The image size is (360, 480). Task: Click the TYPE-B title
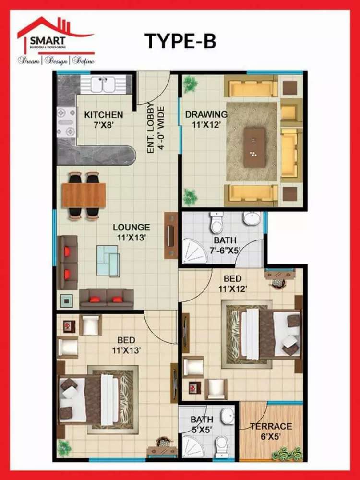tap(180, 41)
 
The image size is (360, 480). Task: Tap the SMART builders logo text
tap(48, 40)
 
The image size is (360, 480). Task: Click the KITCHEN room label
tap(104, 115)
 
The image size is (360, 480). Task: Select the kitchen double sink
tap(103, 84)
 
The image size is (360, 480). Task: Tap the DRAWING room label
tap(206, 115)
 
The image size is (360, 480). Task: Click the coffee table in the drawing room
tap(254, 147)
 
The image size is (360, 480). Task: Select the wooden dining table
tap(84, 195)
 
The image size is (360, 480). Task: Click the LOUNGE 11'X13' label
tap(132, 232)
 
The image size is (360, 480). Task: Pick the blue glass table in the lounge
tap(108, 261)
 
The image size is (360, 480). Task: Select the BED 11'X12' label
tap(233, 284)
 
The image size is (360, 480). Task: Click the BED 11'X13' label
tap(126, 345)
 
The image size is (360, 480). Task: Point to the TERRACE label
tap(271, 426)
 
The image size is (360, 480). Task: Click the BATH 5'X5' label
tap(202, 424)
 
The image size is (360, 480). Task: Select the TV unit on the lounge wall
tap(171, 235)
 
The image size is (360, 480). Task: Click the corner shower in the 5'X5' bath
tap(193, 446)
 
